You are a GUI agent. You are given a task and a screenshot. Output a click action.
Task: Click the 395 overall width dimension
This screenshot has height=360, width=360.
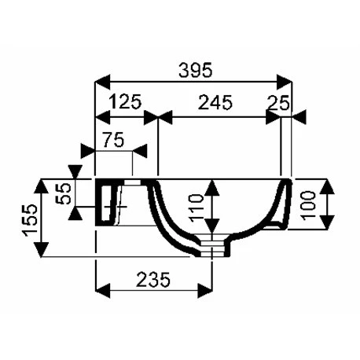195,70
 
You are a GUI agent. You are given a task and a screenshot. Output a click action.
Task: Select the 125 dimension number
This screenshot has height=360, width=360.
125,101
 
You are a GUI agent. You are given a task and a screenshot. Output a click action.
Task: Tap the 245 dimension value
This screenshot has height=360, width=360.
215,102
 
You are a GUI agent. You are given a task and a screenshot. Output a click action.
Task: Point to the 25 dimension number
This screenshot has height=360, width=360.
278,103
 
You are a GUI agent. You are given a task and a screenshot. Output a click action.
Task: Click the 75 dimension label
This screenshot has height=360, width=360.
113,140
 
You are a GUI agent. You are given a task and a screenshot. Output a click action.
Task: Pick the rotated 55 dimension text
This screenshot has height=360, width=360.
64,193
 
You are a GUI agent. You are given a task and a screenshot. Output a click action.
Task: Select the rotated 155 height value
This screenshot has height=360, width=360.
30,220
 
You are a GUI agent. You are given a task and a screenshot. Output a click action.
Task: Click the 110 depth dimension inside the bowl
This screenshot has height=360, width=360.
197,208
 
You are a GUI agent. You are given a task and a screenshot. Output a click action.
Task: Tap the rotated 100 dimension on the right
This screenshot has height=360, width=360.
307,205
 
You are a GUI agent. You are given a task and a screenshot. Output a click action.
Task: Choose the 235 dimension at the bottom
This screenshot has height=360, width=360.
153,279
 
